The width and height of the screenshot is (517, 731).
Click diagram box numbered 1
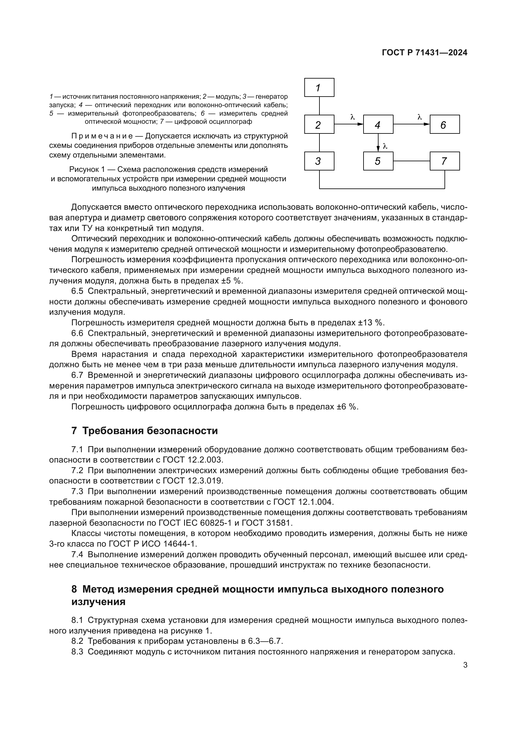[319, 87]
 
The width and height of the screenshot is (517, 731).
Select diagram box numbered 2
[319, 124]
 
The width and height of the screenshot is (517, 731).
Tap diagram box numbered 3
[319, 161]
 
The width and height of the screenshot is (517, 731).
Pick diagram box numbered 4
[378, 124]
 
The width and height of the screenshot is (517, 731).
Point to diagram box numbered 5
[378, 161]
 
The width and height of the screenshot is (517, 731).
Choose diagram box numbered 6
[444, 124]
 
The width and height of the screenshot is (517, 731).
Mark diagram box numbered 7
[444, 161]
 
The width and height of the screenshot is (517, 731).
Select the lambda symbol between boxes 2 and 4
[352, 117]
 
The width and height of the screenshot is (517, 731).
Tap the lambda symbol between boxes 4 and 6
[419, 117]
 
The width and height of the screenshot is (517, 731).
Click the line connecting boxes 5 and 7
[411, 161]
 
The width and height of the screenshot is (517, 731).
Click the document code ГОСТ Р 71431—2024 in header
[424, 53]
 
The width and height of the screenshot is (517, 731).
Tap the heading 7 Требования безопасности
[144, 431]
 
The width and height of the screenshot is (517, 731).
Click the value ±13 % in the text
[371, 323]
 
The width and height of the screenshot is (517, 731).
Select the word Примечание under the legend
[102, 136]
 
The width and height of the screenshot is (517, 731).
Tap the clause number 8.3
[77, 652]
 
